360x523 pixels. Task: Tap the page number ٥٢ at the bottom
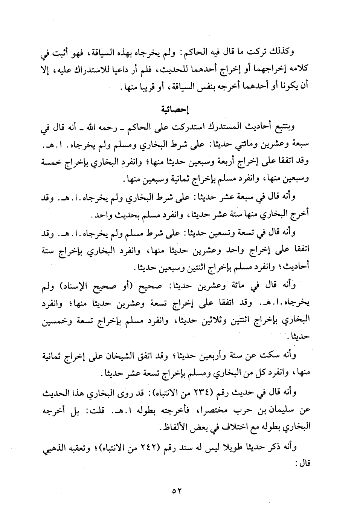[x=177, y=491]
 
